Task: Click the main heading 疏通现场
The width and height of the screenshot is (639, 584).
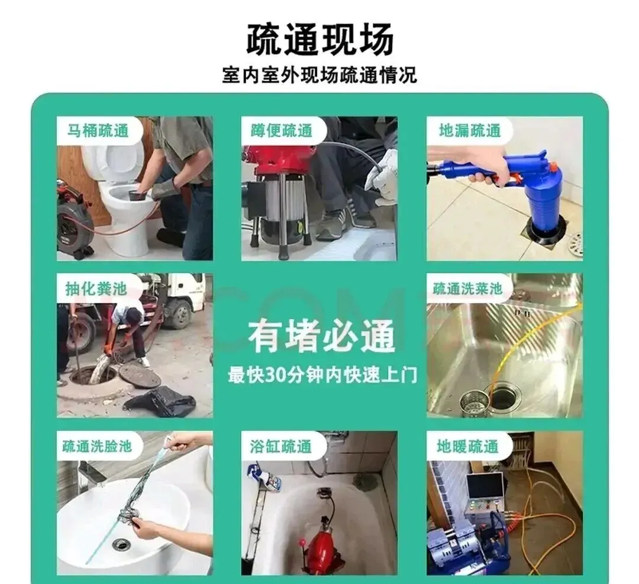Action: (320, 40)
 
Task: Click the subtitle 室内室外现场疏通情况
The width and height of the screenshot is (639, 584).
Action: (319, 75)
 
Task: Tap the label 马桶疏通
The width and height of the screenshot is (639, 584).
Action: (98, 131)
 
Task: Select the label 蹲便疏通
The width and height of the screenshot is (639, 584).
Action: (282, 131)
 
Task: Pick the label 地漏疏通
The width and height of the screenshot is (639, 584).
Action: (469, 131)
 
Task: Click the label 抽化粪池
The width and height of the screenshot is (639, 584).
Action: (96, 288)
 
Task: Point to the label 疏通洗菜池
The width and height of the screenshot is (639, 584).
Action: (467, 288)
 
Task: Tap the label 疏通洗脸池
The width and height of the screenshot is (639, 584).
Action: (97, 446)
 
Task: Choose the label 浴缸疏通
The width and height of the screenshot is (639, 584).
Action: (281, 446)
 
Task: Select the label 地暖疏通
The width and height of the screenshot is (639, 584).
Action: (467, 446)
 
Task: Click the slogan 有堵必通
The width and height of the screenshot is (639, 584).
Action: (321, 336)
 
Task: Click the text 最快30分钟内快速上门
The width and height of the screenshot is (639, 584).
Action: (322, 375)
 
